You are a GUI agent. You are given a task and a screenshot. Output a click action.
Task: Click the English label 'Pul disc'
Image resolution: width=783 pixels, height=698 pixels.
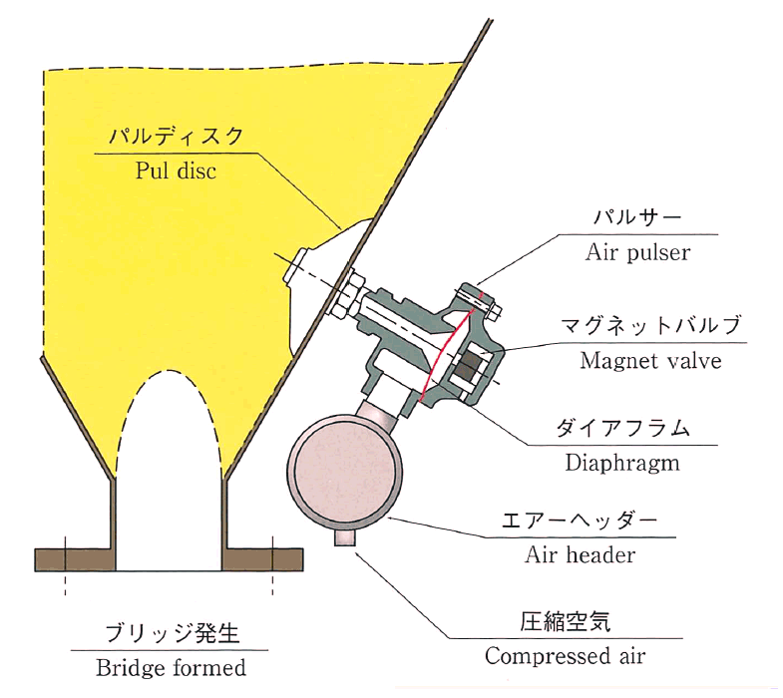coord(176,172)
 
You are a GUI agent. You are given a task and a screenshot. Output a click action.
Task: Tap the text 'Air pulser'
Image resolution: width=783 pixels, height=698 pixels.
coord(637,252)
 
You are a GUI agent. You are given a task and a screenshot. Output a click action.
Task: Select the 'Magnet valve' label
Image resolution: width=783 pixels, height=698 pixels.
coord(650,361)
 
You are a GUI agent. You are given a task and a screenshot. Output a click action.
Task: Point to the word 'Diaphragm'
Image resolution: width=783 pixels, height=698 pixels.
coord(622,463)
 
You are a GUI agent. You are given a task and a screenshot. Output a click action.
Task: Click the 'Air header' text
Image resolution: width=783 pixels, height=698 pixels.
coord(580,554)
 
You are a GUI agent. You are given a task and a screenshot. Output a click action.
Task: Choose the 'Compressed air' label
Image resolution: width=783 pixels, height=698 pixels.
coord(565,655)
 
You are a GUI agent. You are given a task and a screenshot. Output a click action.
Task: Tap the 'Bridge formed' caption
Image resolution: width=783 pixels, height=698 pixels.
coord(171,667)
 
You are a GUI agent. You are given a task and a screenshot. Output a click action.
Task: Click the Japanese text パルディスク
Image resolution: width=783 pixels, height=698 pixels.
coord(176,137)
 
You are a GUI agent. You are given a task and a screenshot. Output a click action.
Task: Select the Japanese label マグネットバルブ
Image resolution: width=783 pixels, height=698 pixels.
coord(650,326)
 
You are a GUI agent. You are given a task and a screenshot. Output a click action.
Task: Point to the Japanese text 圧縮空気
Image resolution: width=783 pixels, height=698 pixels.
coord(565,621)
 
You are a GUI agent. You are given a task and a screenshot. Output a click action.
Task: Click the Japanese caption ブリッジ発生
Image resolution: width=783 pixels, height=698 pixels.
coord(173,633)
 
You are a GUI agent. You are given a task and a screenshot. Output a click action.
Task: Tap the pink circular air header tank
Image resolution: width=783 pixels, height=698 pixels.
coord(345,472)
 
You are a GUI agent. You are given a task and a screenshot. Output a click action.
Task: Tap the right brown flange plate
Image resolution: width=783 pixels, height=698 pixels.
coord(262,559)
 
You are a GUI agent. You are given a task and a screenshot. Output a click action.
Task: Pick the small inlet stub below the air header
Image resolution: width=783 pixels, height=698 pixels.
coord(344,537)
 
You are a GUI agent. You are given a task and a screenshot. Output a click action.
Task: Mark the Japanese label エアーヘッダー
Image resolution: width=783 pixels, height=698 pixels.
coord(580,521)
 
